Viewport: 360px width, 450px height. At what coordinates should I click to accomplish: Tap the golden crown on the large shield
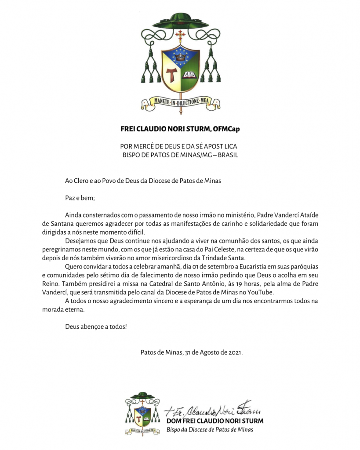180,56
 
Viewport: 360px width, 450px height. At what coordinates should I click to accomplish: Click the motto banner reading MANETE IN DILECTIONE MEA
180,102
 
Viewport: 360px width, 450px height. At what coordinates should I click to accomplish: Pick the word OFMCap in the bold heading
228,129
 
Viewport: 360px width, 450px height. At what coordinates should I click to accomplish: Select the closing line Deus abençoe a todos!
96,327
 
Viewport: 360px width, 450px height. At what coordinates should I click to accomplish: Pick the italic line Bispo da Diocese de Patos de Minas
210,429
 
